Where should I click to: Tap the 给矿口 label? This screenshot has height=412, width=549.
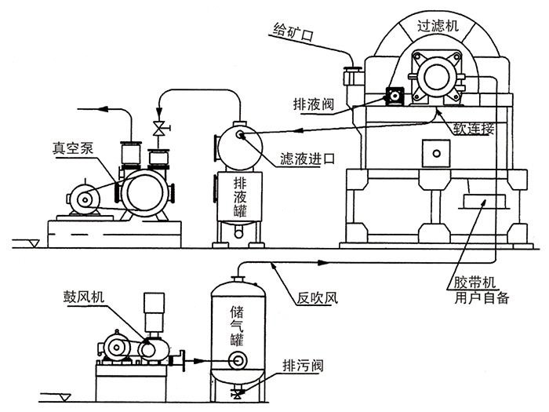(x=292, y=32)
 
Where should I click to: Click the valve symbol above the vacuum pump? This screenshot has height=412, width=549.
(x=159, y=128)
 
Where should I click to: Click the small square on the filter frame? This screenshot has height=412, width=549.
(x=432, y=149)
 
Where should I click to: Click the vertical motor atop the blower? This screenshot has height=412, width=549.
(x=155, y=307)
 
